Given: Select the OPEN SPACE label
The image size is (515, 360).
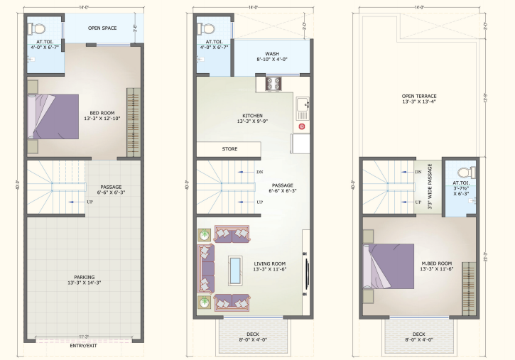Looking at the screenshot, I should pyautogui.click(x=102, y=28).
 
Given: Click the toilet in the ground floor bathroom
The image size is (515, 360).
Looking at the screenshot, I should pyautogui.click(x=38, y=29).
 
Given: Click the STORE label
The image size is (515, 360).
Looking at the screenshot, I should pyautogui.click(x=230, y=149).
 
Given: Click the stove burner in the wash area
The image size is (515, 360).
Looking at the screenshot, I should pyautogui.click(x=274, y=84).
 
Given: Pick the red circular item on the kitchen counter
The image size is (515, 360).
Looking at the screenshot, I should pyautogui.click(x=302, y=126).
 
